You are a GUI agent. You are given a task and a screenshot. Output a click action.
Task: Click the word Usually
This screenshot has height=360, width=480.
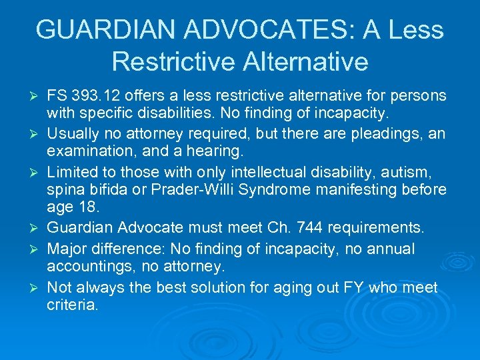point(74,133)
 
